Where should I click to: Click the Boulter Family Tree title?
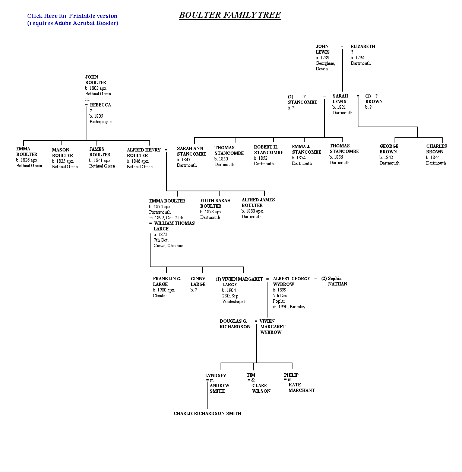pyautogui.click(x=230, y=15)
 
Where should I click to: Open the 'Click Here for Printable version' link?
pyautogui.click(x=72, y=16)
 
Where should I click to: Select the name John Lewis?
pyautogui.click(x=322, y=49)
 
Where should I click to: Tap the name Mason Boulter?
pyautogui.click(x=62, y=153)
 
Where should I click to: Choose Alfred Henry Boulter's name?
pyautogui.click(x=143, y=153)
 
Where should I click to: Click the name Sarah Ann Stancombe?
pyautogui.click(x=191, y=151)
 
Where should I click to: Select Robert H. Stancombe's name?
pyautogui.click(x=269, y=150)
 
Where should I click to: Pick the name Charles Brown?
pyautogui.click(x=436, y=149)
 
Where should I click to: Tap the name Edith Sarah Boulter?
pyautogui.click(x=215, y=203)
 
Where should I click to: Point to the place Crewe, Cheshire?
pyautogui.click(x=168, y=246)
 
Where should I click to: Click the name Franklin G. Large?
pyautogui.click(x=167, y=281)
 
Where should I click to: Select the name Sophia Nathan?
pyautogui.click(x=334, y=281)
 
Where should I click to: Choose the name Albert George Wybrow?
pyautogui.click(x=291, y=281)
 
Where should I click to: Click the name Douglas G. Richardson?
pyautogui.click(x=235, y=324)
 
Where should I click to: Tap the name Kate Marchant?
pyautogui.click(x=301, y=388)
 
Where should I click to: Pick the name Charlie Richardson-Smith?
pyautogui.click(x=207, y=414)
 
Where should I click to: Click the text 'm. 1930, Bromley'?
pyautogui.click(x=289, y=307)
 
